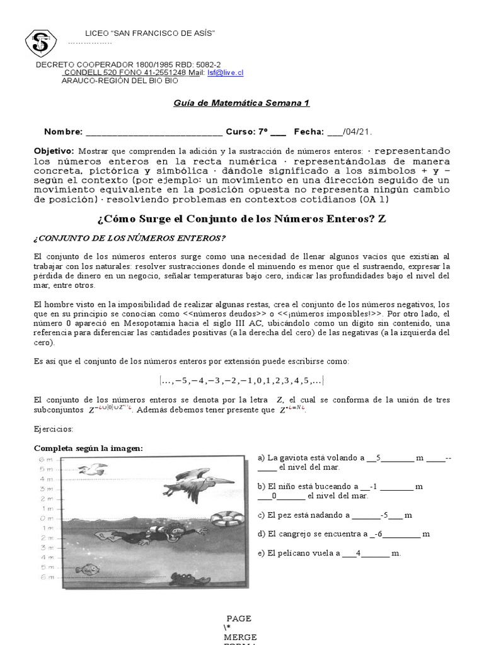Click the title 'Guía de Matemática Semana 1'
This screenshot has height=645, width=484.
[241, 103]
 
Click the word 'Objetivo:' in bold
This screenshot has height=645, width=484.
[54, 151]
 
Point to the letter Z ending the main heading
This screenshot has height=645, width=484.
[381, 219]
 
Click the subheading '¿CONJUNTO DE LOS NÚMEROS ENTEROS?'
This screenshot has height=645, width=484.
[129, 237]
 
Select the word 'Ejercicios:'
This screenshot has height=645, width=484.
[54, 429]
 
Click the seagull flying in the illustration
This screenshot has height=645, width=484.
[93, 469]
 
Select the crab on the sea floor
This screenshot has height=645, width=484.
[182, 579]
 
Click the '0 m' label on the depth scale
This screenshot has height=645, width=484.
[47, 518]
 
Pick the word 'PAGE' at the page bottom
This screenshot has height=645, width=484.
[239, 618]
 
